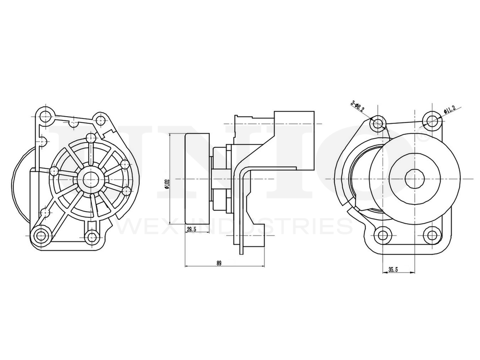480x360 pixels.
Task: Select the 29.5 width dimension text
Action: [192, 230]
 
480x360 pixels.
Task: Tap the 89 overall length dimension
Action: [219, 263]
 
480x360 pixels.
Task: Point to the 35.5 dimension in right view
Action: [393, 270]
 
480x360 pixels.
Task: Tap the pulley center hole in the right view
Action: [414, 179]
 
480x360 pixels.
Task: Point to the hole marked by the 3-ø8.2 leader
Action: [379, 123]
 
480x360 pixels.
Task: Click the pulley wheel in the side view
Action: [197, 179]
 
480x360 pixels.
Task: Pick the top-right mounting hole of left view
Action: [99, 120]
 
